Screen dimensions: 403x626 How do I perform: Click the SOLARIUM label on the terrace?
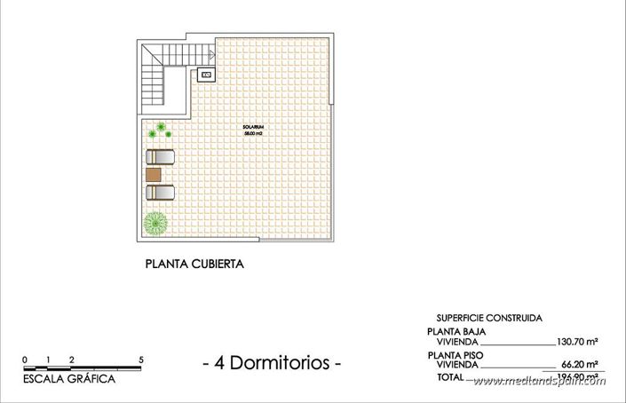click(x=253, y=128)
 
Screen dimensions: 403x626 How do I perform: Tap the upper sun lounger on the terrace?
click(x=160, y=157)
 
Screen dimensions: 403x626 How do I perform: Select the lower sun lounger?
click(x=160, y=191)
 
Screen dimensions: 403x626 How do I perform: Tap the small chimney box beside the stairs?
click(x=207, y=75)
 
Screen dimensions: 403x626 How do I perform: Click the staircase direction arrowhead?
click(x=211, y=52)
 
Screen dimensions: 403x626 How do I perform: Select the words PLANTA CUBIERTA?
click(x=194, y=264)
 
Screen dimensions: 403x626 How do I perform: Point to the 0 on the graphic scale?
click(x=26, y=360)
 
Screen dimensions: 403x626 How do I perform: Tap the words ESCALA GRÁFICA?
click(x=70, y=379)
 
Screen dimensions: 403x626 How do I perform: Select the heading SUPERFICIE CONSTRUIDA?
click(x=489, y=318)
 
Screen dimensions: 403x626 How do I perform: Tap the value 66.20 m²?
click(x=579, y=364)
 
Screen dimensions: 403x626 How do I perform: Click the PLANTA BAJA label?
click(x=456, y=330)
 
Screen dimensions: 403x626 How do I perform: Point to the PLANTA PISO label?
click(x=456, y=353)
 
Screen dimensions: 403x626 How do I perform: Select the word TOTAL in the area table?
click(x=450, y=377)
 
